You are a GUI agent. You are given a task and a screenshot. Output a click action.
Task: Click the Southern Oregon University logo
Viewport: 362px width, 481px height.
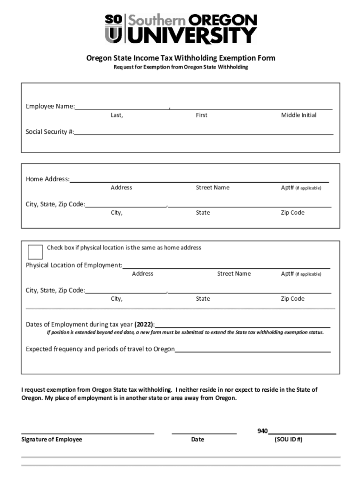point(181,29)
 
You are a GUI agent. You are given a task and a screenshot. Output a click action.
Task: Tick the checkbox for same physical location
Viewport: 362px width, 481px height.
point(35,252)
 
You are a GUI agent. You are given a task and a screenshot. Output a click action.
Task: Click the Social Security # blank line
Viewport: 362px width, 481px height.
point(204,134)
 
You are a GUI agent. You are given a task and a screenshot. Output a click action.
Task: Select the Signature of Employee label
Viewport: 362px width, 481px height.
point(52,440)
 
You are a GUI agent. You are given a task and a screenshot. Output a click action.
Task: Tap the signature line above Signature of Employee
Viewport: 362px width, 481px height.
point(87,433)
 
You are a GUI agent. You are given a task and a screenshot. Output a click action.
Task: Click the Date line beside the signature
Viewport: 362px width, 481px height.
point(204,433)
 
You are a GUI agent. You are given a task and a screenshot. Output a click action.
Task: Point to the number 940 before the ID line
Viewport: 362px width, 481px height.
point(262,431)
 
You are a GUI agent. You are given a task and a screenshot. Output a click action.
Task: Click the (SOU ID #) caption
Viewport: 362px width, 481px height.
point(288,440)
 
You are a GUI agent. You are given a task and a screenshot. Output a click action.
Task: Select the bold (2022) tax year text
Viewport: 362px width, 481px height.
point(144,325)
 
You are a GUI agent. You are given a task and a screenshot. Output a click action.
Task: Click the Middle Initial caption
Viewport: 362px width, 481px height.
point(299,115)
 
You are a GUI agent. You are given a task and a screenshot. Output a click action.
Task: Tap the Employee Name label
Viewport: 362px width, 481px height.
point(50,107)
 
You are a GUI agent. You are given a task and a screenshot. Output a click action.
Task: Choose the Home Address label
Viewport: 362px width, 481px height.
point(47,179)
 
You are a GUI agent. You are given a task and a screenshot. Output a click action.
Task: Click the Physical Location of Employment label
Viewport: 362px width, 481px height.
point(74,265)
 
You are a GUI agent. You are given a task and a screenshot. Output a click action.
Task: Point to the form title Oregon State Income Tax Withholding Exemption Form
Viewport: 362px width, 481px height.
point(181,58)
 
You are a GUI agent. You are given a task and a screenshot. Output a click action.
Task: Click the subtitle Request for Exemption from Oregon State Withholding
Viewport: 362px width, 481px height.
point(181,67)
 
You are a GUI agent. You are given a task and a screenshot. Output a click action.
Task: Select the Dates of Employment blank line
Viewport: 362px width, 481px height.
point(242,327)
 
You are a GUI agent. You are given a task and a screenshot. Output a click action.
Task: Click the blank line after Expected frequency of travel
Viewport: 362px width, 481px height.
point(252,352)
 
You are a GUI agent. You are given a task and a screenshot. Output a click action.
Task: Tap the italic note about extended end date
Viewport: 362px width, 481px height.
point(185,333)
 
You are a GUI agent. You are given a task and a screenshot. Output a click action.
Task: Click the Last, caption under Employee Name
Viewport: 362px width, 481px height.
point(117,115)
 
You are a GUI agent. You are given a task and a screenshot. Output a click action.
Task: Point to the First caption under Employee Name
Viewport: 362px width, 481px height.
point(202,115)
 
